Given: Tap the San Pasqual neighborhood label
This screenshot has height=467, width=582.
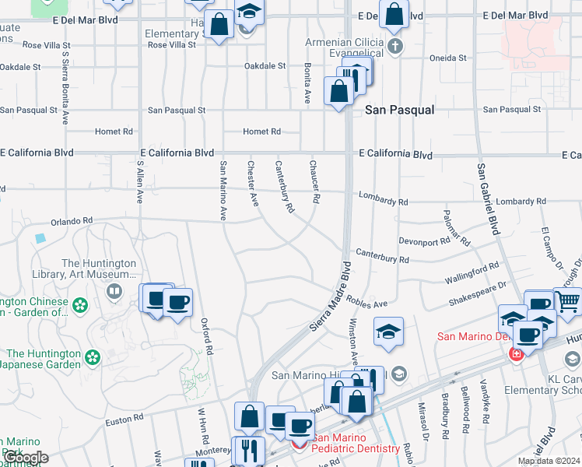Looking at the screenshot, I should click(400, 111).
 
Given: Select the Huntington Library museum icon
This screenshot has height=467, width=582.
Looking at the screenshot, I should click(115, 291).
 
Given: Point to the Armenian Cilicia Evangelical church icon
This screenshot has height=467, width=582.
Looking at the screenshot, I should click(396, 45).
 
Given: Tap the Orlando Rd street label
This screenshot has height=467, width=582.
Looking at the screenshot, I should click(72, 221).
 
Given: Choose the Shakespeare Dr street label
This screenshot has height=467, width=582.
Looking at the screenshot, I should click(479, 290).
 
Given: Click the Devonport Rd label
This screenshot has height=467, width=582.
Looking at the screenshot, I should click(424, 241).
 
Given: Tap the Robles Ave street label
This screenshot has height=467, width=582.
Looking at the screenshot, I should click(368, 304).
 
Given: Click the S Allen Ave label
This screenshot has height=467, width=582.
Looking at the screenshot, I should click(139, 182).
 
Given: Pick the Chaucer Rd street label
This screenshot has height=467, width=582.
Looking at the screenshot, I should click(314, 182).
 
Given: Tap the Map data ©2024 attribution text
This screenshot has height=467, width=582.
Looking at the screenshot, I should click(549, 461).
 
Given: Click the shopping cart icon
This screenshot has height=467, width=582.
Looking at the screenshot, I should click(569, 300).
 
